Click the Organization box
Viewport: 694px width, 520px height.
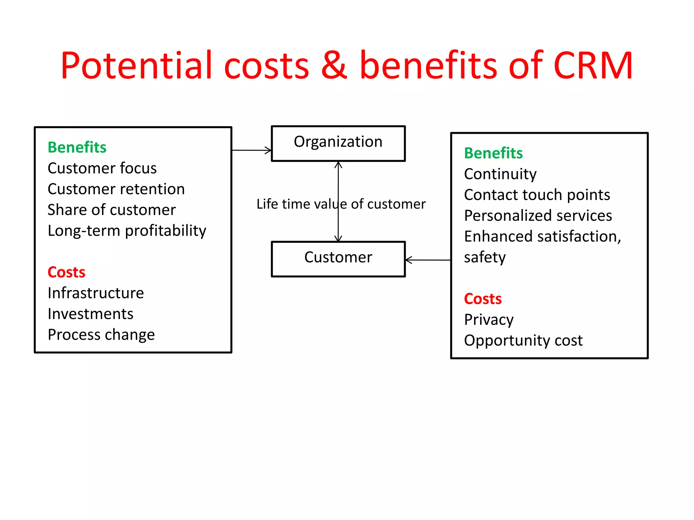point(338,143)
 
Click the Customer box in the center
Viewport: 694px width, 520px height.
point(338,259)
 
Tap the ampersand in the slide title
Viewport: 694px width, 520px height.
point(334,65)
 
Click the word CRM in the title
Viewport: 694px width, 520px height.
point(593,65)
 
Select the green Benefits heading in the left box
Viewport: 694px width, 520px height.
point(77,147)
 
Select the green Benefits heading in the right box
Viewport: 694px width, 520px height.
point(493,153)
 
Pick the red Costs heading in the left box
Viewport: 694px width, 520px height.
point(66,272)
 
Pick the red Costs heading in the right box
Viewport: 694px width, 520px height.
point(483,299)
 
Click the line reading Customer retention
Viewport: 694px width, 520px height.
point(116,189)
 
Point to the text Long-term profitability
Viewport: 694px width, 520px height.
point(127,231)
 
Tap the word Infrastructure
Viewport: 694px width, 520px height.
point(96,293)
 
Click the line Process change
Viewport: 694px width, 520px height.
point(101,335)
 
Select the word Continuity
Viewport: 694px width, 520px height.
point(500,174)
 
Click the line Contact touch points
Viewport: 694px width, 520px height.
point(537,195)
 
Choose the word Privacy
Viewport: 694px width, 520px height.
point(489,320)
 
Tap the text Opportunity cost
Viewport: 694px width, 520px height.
point(523,341)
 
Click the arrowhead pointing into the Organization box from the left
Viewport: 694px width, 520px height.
point(268,150)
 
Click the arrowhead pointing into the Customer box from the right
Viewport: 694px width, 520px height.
point(409,260)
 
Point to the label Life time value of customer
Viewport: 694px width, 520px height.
point(341,204)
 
